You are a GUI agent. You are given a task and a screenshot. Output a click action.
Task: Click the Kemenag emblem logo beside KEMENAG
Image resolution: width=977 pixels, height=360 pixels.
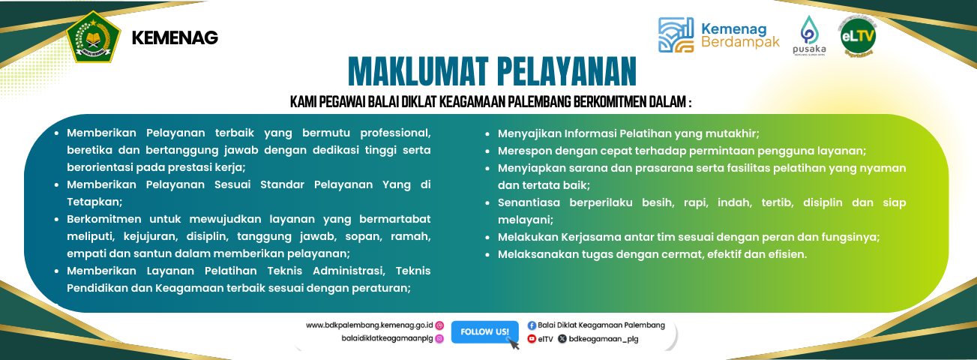93,37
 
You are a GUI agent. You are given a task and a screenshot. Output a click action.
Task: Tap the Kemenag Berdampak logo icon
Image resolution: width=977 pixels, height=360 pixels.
676,35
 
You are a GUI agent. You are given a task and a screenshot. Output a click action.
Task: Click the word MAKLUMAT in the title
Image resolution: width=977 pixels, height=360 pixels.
416,73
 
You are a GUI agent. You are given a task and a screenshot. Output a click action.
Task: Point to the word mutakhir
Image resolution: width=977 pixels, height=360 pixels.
733,133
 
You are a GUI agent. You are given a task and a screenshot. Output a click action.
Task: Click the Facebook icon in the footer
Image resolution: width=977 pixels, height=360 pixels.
532,325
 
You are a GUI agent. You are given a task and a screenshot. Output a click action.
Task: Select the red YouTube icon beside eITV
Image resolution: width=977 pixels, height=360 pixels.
532,339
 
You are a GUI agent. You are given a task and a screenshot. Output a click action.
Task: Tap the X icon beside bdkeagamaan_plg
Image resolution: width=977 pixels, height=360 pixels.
562,339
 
